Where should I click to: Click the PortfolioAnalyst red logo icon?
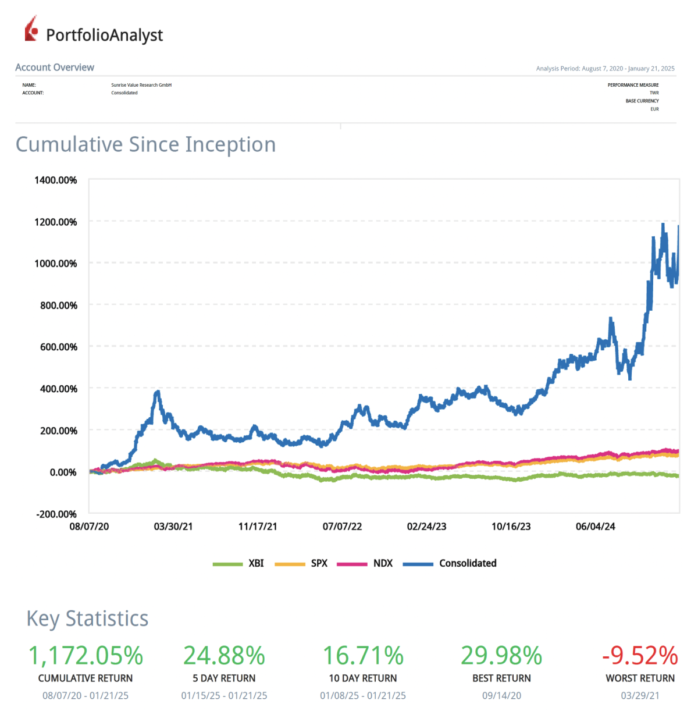[31, 29]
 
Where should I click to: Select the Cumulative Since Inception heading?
[145, 144]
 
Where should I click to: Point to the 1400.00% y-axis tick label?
[56, 180]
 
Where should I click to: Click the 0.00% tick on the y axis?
[63, 472]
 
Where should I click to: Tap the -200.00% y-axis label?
[56, 514]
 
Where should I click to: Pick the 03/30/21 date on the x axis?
[173, 527]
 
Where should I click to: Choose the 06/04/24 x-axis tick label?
[595, 527]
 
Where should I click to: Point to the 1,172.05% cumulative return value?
[86, 656]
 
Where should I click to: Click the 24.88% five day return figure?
[224, 656]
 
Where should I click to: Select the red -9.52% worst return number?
[640, 656]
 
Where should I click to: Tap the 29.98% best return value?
[501, 656]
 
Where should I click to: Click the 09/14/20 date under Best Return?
[501, 695]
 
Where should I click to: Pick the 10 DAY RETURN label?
[363, 678]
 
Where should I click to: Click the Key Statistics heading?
[87, 619]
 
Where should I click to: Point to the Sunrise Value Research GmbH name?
[141, 85]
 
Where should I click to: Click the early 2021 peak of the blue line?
[157, 393]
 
